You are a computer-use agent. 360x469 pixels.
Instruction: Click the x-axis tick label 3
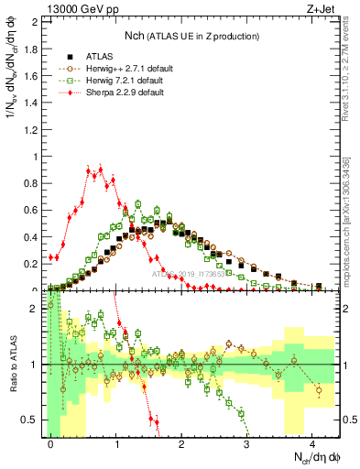pyautogui.click(x=247, y=442)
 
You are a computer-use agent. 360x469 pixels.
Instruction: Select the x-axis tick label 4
pyautogui.click(x=312, y=442)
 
